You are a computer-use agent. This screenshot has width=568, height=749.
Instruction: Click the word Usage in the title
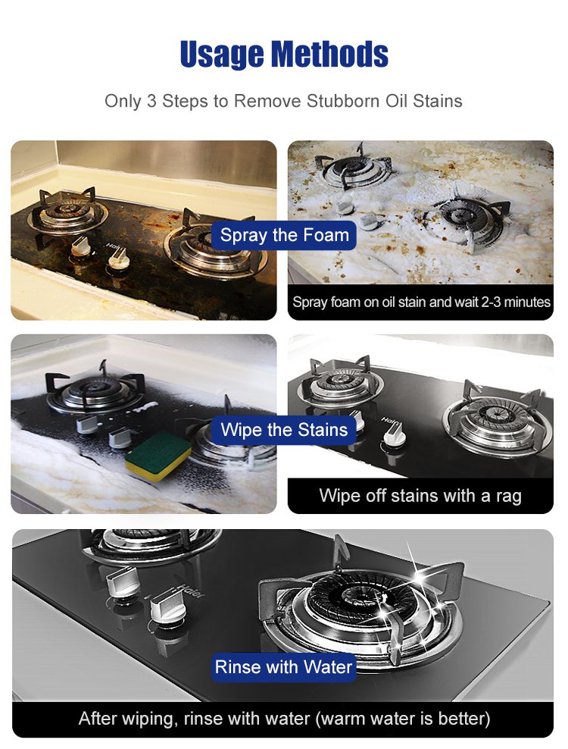(221, 55)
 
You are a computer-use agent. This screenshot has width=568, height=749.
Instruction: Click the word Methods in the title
(330, 53)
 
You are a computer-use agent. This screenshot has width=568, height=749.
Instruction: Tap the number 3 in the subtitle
(151, 102)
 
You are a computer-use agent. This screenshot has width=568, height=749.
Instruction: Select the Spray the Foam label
(285, 235)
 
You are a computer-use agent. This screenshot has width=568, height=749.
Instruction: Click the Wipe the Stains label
(284, 430)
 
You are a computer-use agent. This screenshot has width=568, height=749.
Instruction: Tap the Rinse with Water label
(284, 667)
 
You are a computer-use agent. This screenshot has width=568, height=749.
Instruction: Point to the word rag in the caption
(508, 497)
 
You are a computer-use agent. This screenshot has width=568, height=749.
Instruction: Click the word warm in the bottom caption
(344, 719)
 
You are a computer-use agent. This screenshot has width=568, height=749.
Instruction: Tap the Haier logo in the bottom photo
(191, 591)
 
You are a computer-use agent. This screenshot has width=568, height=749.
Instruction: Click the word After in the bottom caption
(98, 719)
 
